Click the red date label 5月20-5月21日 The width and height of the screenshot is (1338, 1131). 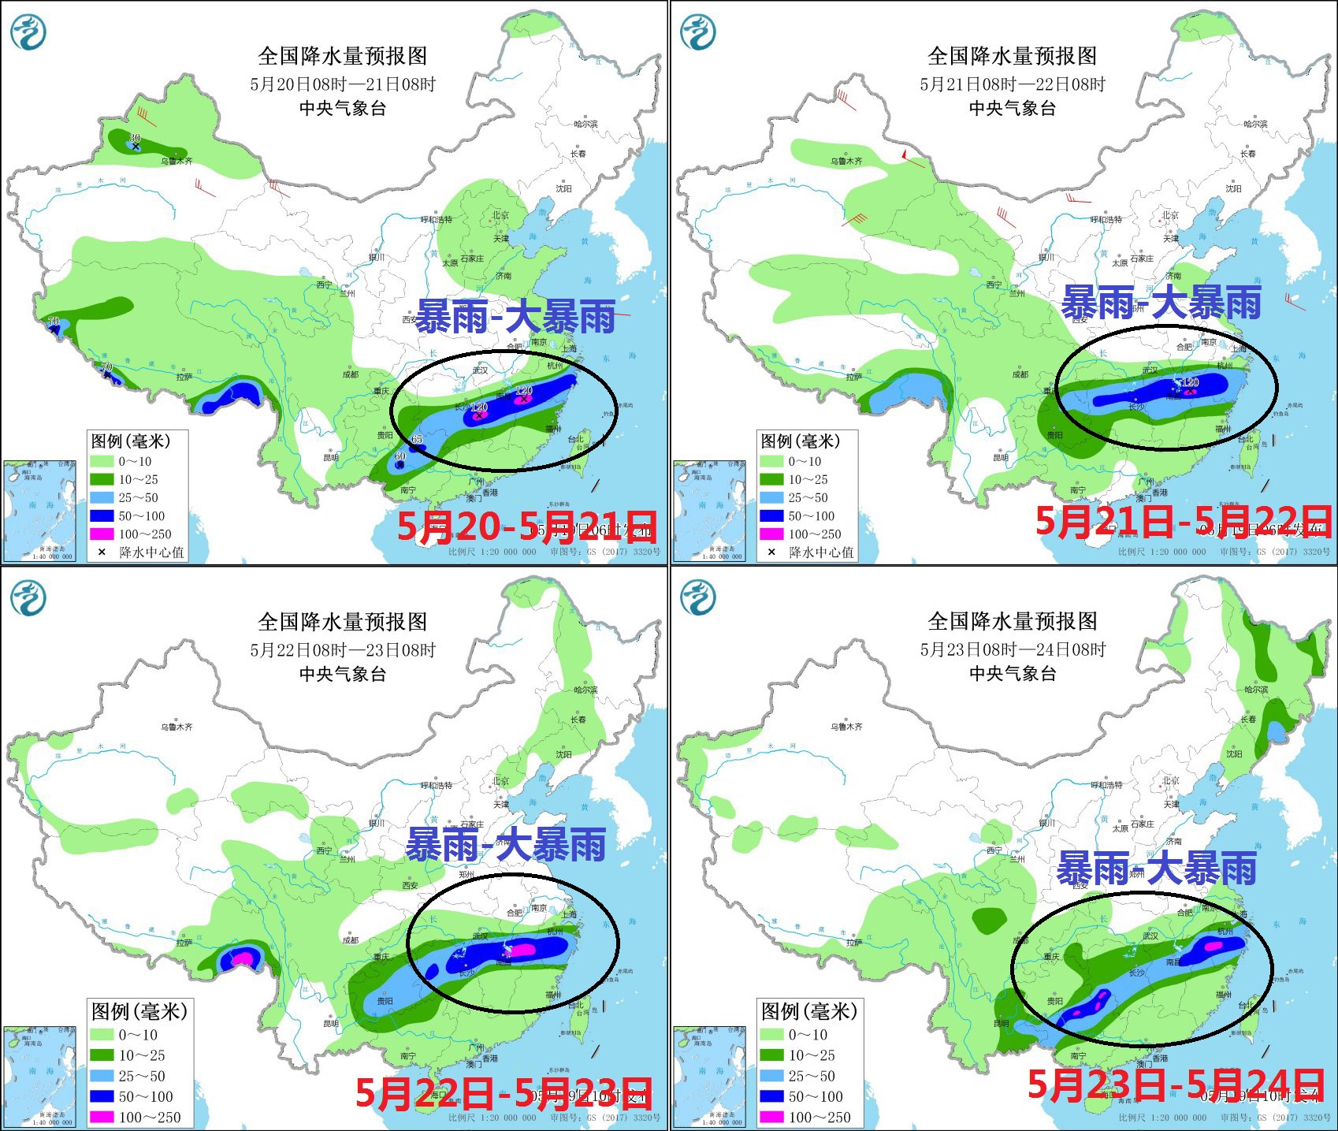point(526,526)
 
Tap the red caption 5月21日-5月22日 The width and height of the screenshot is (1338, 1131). point(1182,521)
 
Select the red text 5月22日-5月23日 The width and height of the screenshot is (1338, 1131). point(504,1092)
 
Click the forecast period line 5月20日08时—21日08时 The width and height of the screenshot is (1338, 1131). point(343,84)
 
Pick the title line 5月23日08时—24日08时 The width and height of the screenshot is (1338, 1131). point(1013,649)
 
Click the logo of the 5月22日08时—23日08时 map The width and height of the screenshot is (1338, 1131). point(28,597)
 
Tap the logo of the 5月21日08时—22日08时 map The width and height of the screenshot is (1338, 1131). point(698,32)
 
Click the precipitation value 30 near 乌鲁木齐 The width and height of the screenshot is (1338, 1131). point(135,138)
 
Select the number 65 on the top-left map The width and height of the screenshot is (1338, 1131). point(417,439)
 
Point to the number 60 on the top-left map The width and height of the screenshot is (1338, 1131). point(400,456)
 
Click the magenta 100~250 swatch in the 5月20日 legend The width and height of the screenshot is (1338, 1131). point(102,534)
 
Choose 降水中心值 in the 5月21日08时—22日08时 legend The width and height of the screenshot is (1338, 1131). point(821,552)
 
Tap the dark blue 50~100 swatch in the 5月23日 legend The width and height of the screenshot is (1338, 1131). point(771,1096)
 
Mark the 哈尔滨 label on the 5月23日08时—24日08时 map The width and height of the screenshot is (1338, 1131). point(1255,690)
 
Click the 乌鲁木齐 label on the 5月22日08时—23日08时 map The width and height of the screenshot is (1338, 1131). point(177,727)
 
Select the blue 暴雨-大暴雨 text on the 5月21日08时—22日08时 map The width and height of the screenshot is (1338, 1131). point(1161,303)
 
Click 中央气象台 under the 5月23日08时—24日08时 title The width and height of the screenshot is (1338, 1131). point(1013,673)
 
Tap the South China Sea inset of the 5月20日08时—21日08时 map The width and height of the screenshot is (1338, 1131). point(40,511)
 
